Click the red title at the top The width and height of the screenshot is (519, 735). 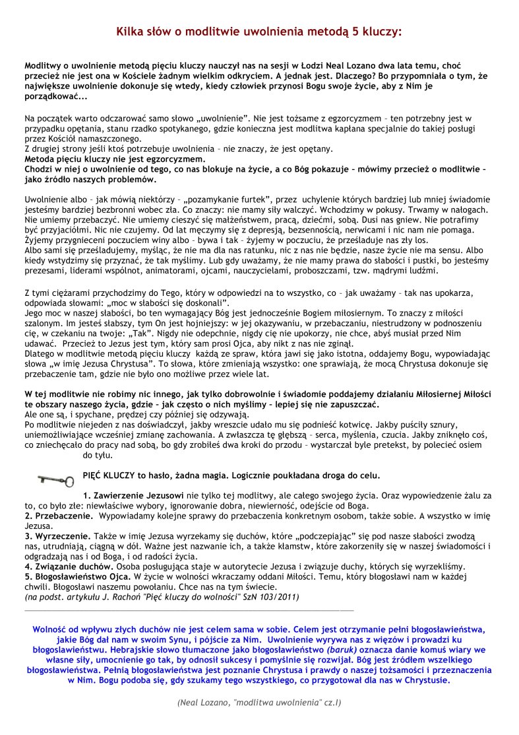(259, 31)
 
